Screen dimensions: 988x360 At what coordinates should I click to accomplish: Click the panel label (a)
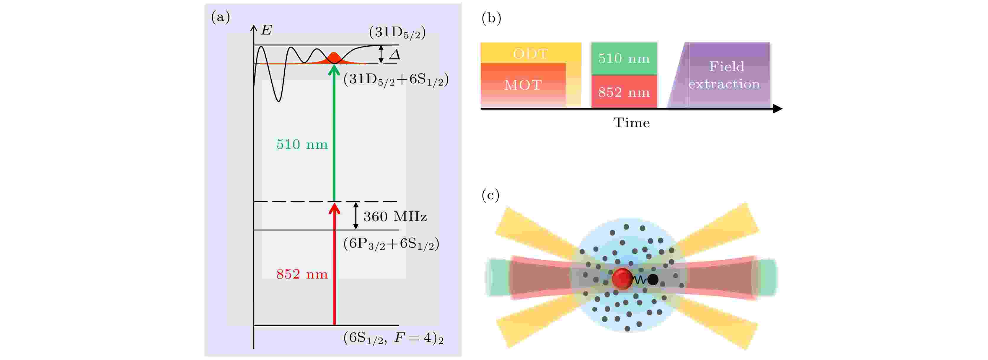(221, 17)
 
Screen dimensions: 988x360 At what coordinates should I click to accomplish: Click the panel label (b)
(491, 18)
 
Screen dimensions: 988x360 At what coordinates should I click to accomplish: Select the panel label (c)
(490, 195)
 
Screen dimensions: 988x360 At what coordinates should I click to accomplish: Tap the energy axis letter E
(266, 30)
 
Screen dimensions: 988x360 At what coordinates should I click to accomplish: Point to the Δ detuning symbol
(394, 55)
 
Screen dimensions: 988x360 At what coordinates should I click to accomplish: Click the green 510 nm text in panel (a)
(302, 145)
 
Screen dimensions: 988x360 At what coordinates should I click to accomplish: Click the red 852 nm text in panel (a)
(302, 274)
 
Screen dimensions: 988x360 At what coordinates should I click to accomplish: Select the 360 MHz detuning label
(395, 217)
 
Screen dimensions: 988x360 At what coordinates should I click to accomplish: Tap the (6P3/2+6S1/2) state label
(391, 244)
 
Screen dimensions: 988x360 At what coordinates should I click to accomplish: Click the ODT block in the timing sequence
(531, 53)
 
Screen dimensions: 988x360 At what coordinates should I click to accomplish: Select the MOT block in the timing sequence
(523, 85)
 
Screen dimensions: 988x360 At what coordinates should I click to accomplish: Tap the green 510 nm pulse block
(624, 58)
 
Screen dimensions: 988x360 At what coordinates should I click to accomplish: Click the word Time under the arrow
(632, 123)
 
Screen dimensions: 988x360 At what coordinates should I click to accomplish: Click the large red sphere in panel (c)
(622, 278)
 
